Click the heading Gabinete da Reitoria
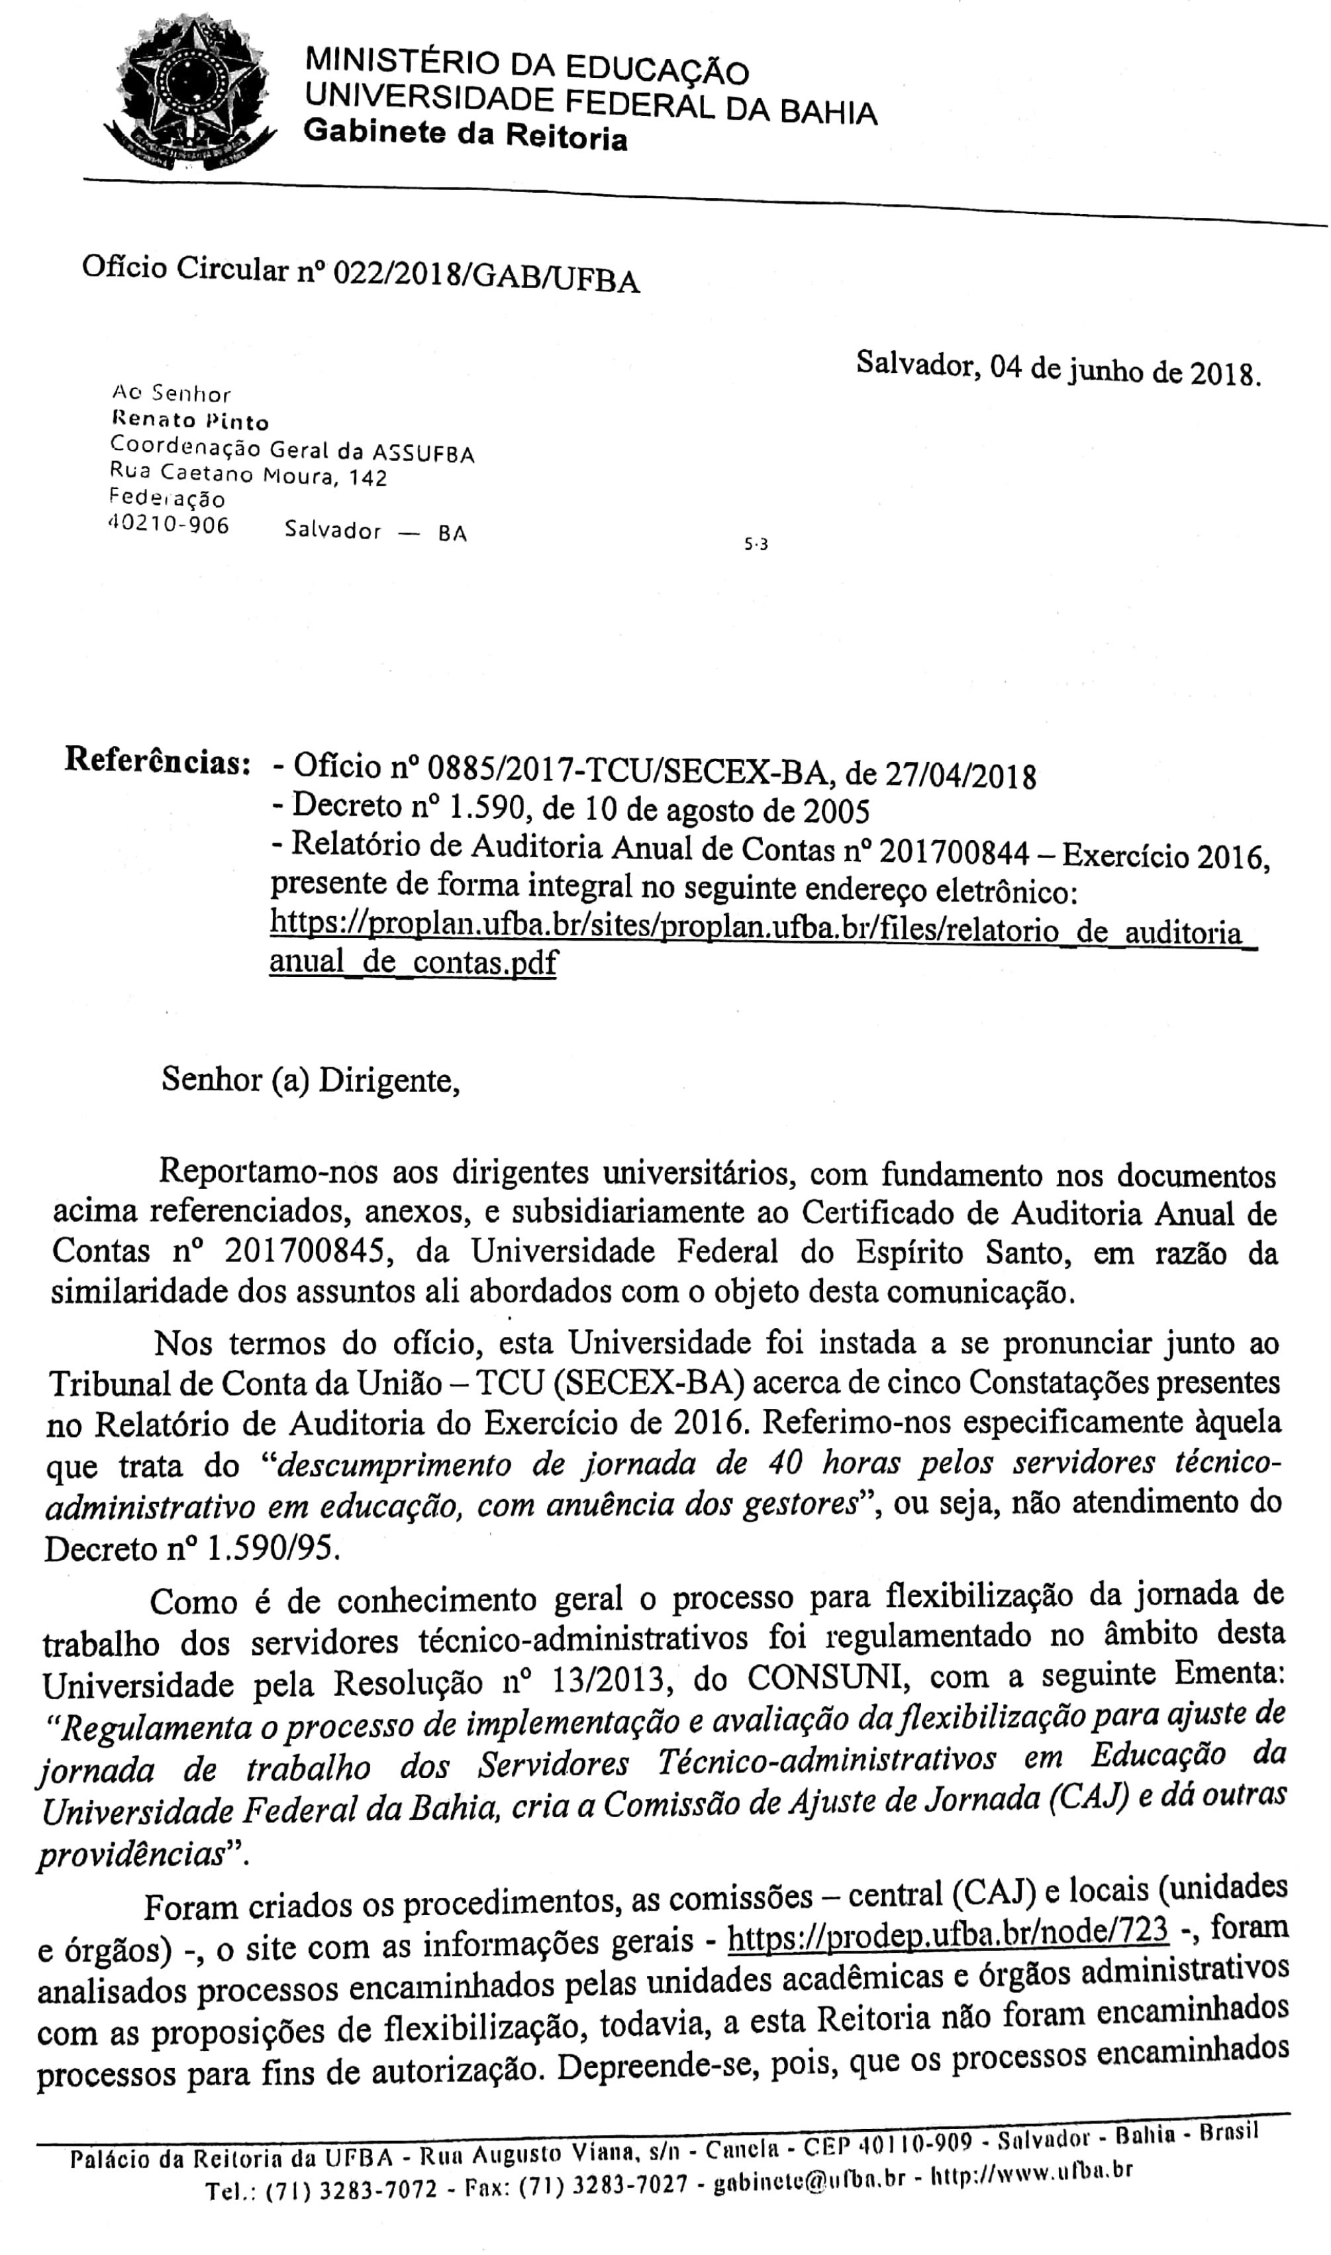(466, 135)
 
